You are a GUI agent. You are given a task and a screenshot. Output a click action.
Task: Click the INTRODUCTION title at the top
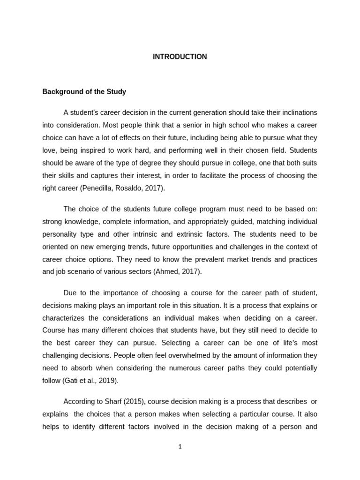[180, 57]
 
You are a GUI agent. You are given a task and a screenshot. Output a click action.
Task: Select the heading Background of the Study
[84, 92]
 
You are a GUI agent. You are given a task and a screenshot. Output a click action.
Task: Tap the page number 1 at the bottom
[180, 447]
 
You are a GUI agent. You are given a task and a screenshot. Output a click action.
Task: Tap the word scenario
[82, 272]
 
